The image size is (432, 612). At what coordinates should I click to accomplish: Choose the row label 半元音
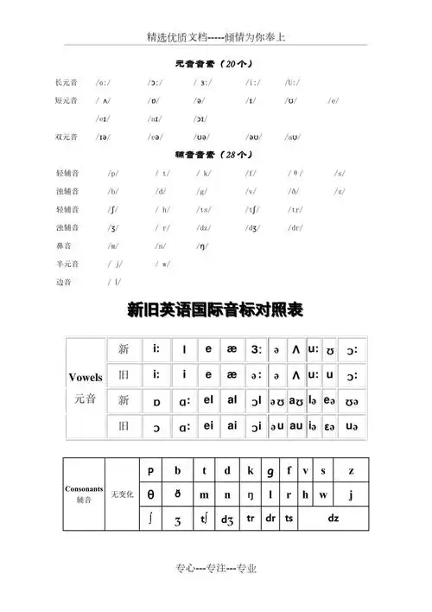(66, 264)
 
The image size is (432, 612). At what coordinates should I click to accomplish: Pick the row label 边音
(62, 282)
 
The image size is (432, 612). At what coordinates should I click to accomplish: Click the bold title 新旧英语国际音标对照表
(215, 309)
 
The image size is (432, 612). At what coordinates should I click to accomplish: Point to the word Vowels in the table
(86, 377)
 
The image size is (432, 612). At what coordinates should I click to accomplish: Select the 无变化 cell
(122, 494)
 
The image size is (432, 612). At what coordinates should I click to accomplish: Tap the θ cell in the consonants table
(152, 494)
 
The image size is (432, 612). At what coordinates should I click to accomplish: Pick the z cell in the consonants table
(350, 471)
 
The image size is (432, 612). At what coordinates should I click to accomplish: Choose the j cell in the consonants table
(350, 494)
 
